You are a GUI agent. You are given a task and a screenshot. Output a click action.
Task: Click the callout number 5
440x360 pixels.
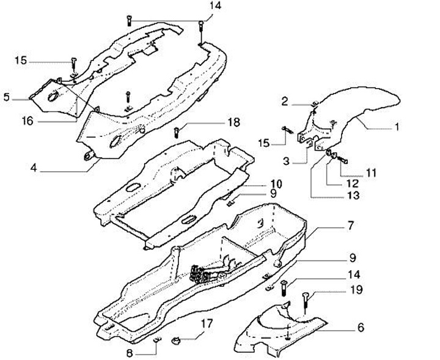click(x=7, y=97)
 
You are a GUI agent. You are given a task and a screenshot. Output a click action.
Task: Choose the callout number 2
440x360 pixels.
click(x=285, y=100)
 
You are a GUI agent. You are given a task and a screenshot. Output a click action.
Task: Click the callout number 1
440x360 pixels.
click(x=396, y=128)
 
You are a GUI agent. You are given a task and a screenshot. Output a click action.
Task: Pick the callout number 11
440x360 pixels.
click(x=372, y=173)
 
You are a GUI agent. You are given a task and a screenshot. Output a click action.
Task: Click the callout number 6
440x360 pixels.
click(x=361, y=328)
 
